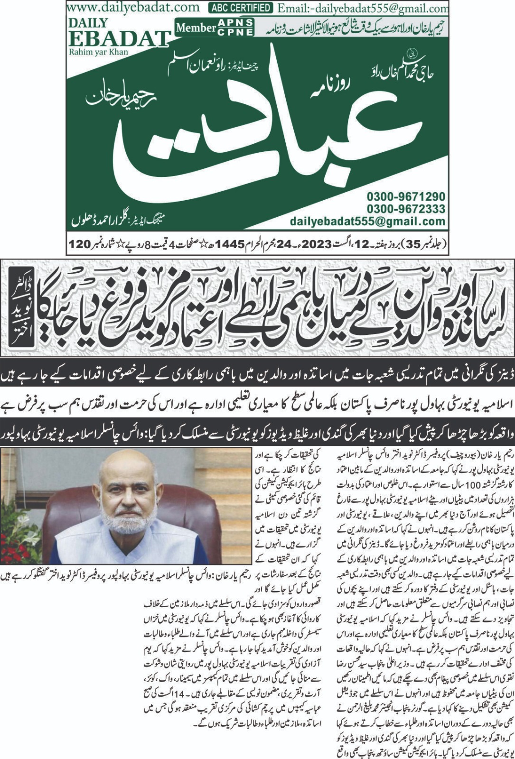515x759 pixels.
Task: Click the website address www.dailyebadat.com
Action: [133, 7]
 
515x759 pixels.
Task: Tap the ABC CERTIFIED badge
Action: [241, 8]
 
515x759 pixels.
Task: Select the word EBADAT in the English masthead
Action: [119, 38]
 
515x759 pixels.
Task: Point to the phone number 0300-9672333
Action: [406, 209]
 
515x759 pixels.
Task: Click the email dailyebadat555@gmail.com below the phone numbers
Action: [368, 221]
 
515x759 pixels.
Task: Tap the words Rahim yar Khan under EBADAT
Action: [98, 52]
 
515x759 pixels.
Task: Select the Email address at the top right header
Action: [363, 8]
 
